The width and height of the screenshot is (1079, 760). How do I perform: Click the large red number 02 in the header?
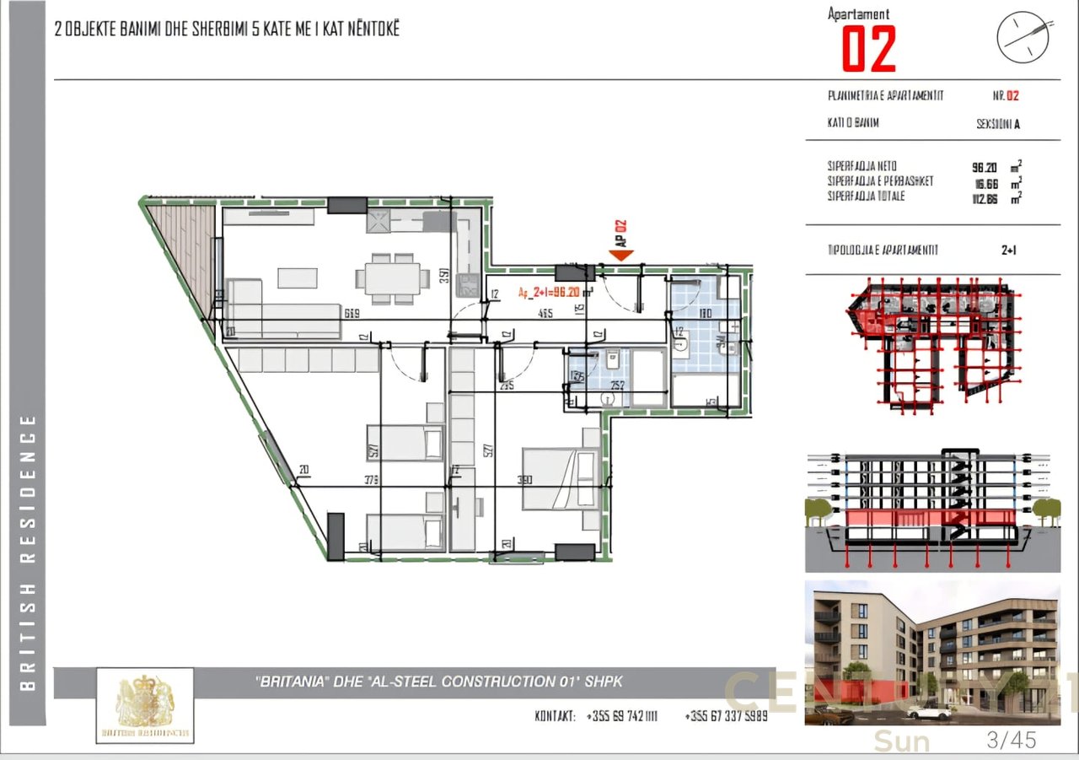tap(868, 50)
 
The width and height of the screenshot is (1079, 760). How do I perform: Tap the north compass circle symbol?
tap(1023, 38)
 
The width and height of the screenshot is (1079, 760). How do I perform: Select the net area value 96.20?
tap(984, 168)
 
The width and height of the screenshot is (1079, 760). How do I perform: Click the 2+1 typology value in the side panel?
tap(1008, 251)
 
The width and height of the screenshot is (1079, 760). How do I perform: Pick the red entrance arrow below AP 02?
tap(621, 256)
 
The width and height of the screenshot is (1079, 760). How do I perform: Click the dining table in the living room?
tap(388, 278)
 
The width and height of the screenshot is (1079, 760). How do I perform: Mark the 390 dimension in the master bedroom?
tap(525, 480)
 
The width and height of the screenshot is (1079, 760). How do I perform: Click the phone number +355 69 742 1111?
tap(621, 716)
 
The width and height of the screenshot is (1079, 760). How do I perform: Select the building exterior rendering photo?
tap(932, 652)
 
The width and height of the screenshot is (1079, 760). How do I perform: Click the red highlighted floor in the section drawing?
tap(910, 521)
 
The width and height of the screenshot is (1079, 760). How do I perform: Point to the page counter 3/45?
tap(1011, 741)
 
